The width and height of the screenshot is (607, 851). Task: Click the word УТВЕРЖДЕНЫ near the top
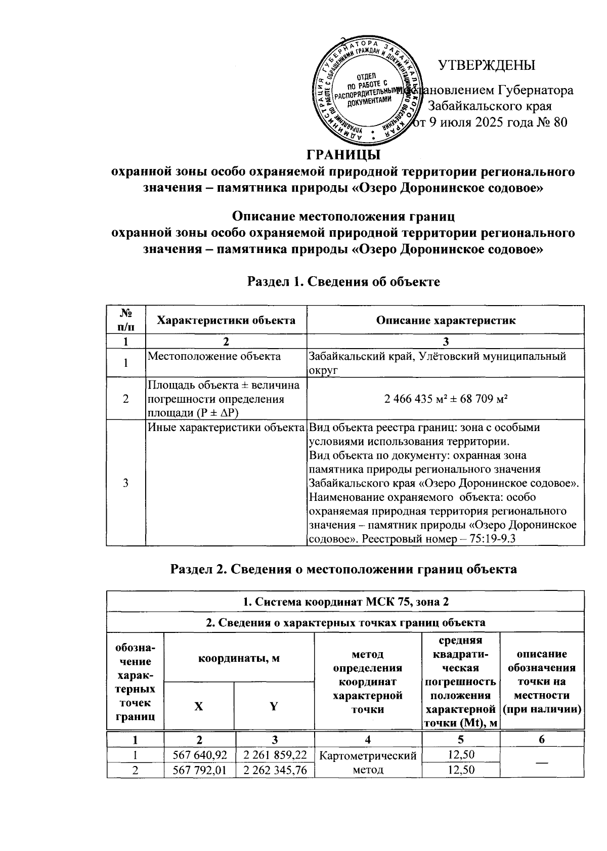click(486, 66)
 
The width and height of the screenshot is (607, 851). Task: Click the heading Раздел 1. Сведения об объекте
click(343, 282)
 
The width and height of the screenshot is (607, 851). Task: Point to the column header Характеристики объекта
click(226, 320)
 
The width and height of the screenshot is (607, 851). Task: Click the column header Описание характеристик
click(446, 320)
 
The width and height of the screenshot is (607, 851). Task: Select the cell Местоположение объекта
click(214, 356)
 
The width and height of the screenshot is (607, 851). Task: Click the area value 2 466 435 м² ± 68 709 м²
click(446, 399)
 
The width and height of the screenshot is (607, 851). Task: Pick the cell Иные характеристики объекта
click(226, 428)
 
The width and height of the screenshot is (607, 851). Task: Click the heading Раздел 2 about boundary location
click(343, 569)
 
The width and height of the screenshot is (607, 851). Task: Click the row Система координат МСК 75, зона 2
click(345, 602)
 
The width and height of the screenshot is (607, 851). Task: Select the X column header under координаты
click(199, 706)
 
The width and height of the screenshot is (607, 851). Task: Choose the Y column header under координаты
click(274, 706)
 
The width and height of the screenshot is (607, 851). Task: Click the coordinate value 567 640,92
click(199, 755)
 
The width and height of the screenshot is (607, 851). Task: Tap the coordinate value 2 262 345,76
click(275, 770)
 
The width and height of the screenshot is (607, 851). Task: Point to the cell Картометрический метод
click(368, 762)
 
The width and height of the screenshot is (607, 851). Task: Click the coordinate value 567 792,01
click(199, 770)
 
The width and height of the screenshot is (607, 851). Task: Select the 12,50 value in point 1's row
click(460, 755)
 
